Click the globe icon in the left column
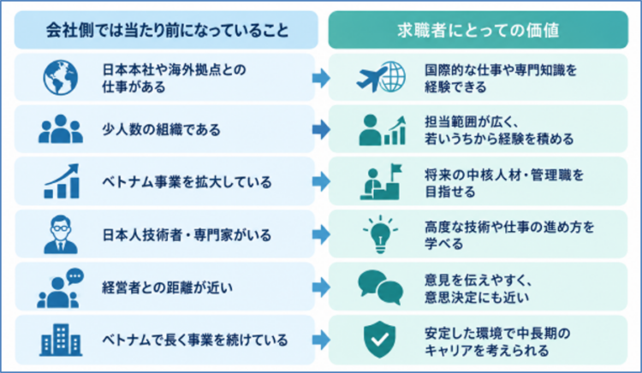pyautogui.click(x=61, y=77)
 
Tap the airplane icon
pyautogui.click(x=372, y=78)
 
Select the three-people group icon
pyautogui.click(x=61, y=129)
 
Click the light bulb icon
pyautogui.click(x=380, y=234)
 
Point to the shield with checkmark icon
pyautogui.click(x=379, y=340)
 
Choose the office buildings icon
pyautogui.click(x=61, y=340)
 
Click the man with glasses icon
pyautogui.click(x=61, y=234)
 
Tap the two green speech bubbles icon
pyautogui.click(x=380, y=287)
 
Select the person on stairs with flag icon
pyautogui.click(x=381, y=181)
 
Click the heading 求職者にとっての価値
pyautogui.click(x=478, y=31)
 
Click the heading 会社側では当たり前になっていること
pyautogui.click(x=167, y=30)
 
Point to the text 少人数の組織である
pyautogui.click(x=161, y=130)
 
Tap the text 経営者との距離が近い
pyautogui.click(x=167, y=287)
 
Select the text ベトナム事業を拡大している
pyautogui.click(x=187, y=181)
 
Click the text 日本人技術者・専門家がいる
pyautogui.click(x=187, y=234)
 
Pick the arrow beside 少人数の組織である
pyautogui.click(x=321, y=130)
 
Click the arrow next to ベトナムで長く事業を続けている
pyautogui.click(x=321, y=340)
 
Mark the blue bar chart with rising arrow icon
pyautogui.click(x=62, y=181)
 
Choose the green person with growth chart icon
pyautogui.click(x=383, y=130)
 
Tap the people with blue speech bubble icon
pyautogui.click(x=60, y=288)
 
